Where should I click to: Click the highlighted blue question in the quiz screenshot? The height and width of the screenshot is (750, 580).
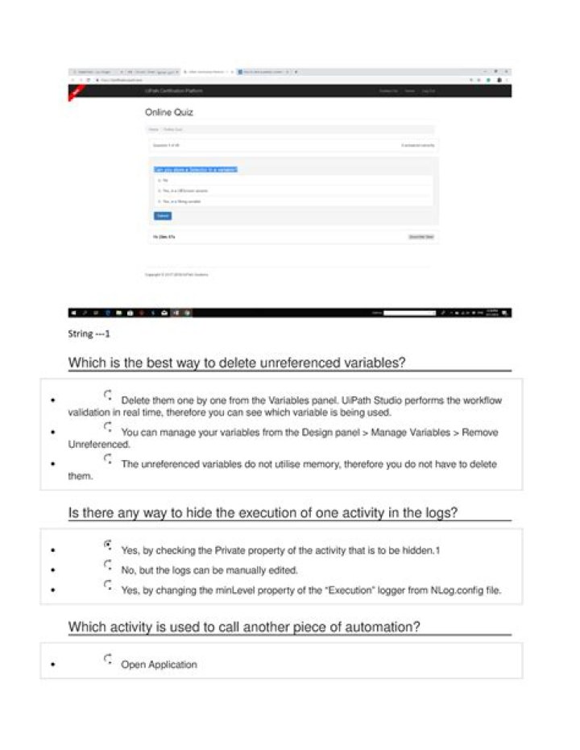[196, 169]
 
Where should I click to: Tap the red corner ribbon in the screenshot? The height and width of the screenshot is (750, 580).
[75, 93]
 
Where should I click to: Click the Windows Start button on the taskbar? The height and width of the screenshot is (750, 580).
[73, 313]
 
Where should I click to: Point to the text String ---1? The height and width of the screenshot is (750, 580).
[89, 334]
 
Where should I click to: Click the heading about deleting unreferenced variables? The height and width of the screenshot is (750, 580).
[236, 363]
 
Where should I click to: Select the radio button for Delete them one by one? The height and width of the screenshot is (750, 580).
[108, 395]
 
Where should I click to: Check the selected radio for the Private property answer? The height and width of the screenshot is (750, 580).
[108, 545]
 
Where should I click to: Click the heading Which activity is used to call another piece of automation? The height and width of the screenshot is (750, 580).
[244, 626]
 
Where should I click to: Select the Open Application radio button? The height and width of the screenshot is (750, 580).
[108, 660]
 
